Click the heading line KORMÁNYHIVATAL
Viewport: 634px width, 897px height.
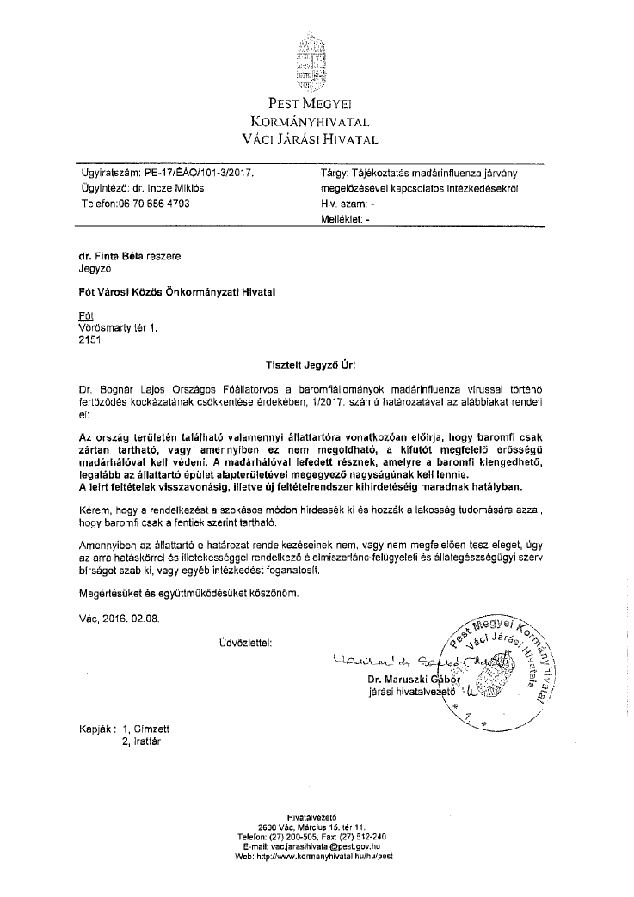click(315, 121)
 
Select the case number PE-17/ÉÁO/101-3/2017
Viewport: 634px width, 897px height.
click(195, 173)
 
